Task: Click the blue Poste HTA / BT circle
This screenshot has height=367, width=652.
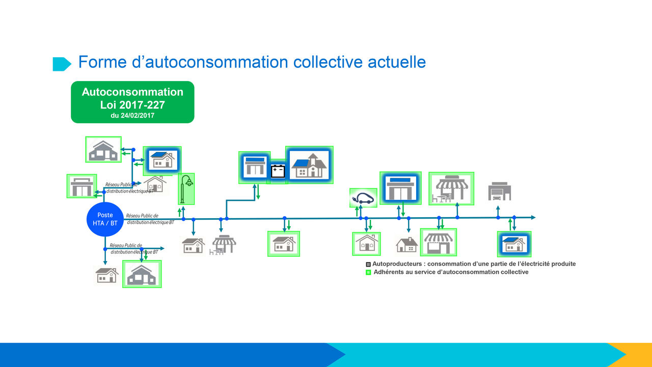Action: click(x=105, y=219)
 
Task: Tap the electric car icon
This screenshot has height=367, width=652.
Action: click(x=363, y=198)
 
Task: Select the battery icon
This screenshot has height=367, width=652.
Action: click(x=278, y=171)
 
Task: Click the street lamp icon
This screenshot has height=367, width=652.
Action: click(x=186, y=189)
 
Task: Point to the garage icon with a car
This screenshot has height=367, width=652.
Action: click(x=500, y=191)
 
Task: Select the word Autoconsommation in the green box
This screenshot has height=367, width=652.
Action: click(x=132, y=92)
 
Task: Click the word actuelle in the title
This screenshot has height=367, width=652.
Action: click(x=397, y=62)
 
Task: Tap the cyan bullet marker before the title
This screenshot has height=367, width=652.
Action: click(x=62, y=64)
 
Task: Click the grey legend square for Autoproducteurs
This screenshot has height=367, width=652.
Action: click(x=368, y=265)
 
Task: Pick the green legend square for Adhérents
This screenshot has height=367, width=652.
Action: click(x=368, y=272)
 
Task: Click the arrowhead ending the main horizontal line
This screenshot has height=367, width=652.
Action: click(x=533, y=217)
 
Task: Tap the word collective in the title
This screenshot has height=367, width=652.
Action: click(x=328, y=62)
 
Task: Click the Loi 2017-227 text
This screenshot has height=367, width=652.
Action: click(x=132, y=105)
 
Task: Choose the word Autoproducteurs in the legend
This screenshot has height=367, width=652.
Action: click(x=397, y=264)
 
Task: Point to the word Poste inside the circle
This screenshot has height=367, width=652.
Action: click(x=105, y=215)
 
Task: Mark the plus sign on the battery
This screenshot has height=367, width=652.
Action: click(x=275, y=169)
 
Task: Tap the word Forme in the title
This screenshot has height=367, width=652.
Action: click(x=102, y=62)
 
